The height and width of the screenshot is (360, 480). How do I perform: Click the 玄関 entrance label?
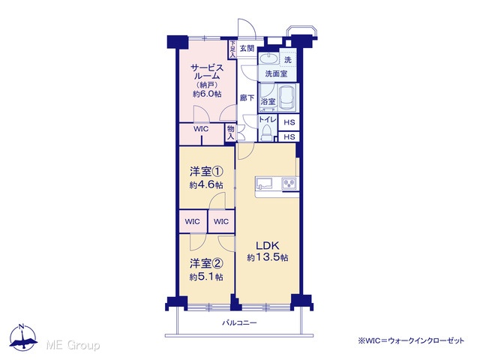[x=247, y=48]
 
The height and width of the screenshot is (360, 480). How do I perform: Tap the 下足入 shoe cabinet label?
[x=232, y=49]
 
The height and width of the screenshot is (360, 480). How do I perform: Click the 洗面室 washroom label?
[x=277, y=73]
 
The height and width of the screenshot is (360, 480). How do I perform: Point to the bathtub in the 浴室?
[x=287, y=97]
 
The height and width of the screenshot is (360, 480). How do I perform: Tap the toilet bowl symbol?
[x=267, y=133]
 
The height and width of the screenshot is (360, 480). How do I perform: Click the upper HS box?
[x=289, y=122]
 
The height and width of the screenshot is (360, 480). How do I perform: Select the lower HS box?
[x=289, y=136]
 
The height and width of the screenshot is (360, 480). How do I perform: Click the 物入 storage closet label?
[x=230, y=133]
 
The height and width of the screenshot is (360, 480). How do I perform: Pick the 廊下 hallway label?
[x=247, y=98]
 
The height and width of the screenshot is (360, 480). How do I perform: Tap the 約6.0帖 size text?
[x=207, y=94]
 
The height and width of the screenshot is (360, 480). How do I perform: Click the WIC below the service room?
[x=201, y=129]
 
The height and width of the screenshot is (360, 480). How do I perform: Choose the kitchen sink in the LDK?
[x=265, y=184]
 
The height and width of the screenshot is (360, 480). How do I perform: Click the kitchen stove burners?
[x=289, y=184]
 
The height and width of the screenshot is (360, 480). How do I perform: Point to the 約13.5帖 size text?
[x=268, y=258]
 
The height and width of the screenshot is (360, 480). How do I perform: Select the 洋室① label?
[x=206, y=172]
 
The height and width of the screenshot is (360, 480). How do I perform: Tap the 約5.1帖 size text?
[x=206, y=277]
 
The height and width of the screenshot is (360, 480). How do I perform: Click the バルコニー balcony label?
[x=239, y=322]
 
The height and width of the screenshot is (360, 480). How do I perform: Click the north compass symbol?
[x=22, y=337]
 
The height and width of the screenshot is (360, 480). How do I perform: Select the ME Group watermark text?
[x=73, y=345]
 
